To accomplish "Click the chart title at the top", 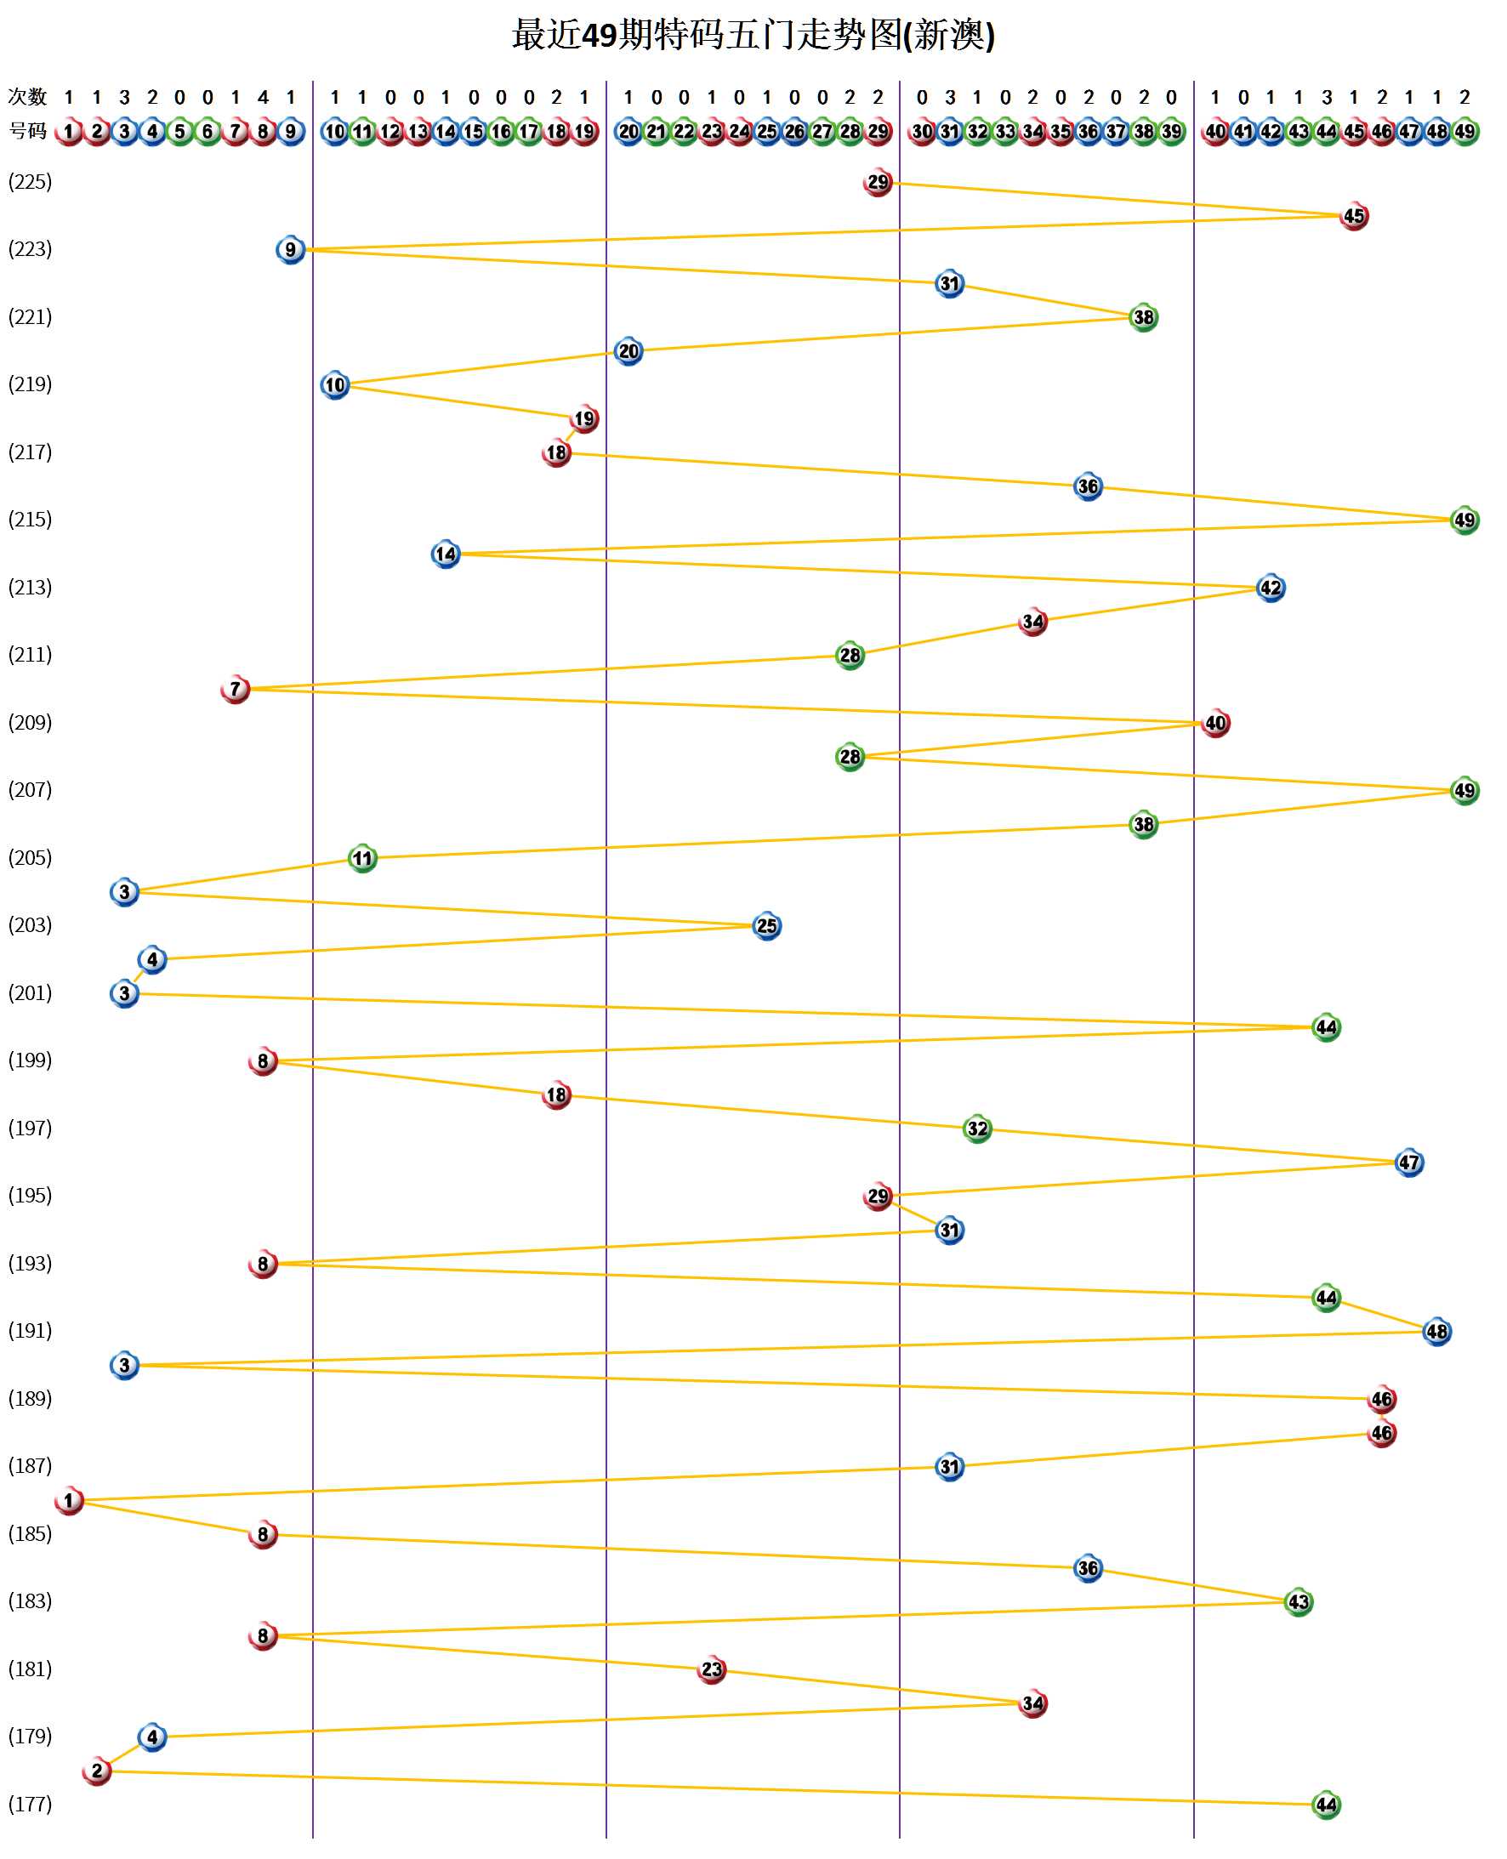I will click(753, 36).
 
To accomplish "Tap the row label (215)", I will click(31, 519).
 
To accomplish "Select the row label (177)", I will click(31, 1804).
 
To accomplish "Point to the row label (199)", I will click(31, 1060).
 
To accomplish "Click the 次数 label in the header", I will click(27, 96).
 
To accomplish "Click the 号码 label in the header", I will click(27, 131).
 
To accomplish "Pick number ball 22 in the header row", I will click(684, 131).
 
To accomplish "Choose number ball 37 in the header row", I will click(1117, 131).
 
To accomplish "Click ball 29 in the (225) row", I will click(878, 182).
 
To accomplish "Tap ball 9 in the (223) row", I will click(291, 250).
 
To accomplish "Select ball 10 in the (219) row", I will click(335, 384).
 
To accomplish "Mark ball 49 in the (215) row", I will click(1464, 520).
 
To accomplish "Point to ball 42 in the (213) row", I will click(1270, 588).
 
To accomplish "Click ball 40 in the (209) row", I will click(1215, 723).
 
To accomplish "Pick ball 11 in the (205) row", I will click(362, 858).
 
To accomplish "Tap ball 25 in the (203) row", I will click(766, 926).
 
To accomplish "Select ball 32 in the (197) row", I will click(977, 1128).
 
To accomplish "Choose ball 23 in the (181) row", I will click(712, 1669).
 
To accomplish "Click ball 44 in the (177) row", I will click(1326, 1805).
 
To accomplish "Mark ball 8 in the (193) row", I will click(263, 1264).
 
